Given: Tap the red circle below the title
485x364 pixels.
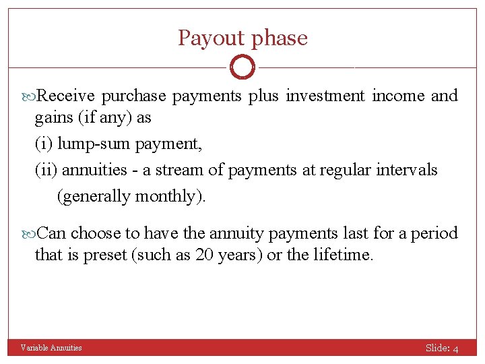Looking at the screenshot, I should tap(243, 67).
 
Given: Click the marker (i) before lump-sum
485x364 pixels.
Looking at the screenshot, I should tap(44, 144).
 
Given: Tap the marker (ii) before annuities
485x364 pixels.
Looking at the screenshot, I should tap(46, 170).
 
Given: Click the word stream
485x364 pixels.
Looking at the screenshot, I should tap(181, 170).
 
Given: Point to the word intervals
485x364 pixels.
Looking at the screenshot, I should tap(408, 170).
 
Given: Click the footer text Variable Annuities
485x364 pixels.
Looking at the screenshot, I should tap(51, 348).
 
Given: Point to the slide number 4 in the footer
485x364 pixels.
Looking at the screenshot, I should tap(456, 348).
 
